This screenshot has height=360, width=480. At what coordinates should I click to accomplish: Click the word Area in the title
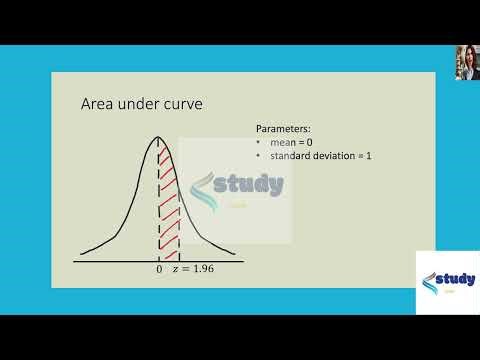coord(98,104)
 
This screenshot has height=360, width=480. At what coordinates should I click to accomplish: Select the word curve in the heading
coord(181,104)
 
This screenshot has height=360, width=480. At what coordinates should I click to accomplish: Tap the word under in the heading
coord(138,104)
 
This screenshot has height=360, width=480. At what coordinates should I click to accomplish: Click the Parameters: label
coord(284,130)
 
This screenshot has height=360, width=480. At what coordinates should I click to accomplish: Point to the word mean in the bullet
coord(279,143)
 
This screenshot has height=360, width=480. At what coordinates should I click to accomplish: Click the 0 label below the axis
coord(159,270)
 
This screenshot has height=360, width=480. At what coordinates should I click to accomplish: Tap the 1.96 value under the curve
coord(204,270)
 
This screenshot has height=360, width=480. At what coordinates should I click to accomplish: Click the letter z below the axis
coord(178,270)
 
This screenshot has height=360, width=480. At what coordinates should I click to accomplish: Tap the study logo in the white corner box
coord(446,280)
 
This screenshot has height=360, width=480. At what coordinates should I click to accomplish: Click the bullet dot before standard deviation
coord(259,156)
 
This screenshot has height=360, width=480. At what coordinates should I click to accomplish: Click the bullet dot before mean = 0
coord(259,143)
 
